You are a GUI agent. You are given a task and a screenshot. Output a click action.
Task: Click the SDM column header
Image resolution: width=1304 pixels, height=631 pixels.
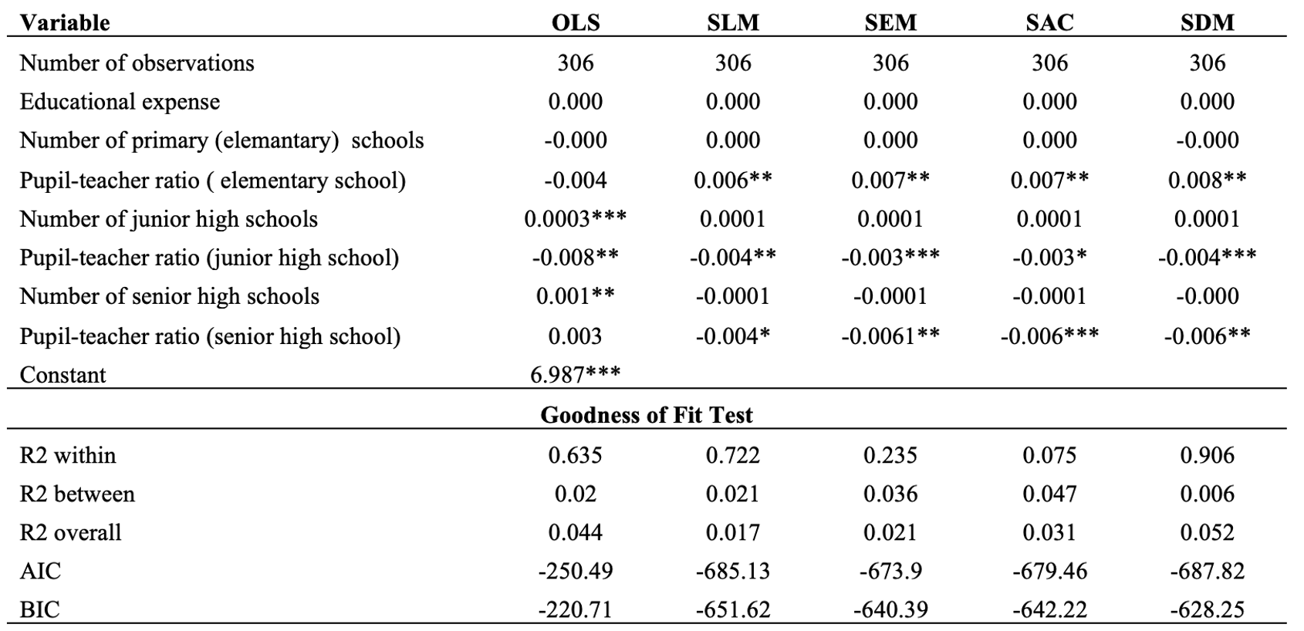[1207, 22]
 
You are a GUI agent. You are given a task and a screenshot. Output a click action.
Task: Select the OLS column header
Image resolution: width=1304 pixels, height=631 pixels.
[576, 22]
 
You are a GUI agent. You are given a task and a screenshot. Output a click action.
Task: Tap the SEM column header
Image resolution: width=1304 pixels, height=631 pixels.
[890, 22]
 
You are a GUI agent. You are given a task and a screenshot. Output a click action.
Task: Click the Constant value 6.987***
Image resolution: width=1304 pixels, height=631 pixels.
[575, 374]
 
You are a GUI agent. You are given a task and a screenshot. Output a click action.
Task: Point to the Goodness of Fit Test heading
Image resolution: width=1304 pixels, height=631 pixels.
[646, 415]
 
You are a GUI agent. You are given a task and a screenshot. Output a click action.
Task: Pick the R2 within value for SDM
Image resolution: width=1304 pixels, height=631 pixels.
[1207, 454]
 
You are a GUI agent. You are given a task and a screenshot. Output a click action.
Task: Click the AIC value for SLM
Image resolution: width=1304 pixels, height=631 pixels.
[733, 571]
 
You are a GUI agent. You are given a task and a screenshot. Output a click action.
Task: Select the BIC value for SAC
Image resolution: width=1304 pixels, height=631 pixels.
[1049, 609]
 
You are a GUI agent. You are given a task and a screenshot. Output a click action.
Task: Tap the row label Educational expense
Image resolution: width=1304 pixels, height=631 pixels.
[120, 102]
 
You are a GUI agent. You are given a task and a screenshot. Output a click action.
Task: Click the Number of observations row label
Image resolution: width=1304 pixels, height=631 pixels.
[137, 62]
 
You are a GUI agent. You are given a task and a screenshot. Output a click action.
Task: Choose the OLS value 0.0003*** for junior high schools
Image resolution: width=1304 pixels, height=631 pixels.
[575, 219]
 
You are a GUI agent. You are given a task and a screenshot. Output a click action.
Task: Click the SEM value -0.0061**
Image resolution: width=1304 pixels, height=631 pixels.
[890, 336]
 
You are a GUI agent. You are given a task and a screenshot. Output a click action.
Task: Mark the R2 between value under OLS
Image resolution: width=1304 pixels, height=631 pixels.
[575, 494]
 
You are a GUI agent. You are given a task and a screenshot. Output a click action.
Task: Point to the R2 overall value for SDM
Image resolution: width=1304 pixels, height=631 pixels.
[1207, 532]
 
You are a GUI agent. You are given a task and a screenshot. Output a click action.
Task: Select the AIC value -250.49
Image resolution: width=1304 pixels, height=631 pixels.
[575, 571]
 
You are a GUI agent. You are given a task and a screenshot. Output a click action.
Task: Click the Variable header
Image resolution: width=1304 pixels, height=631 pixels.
[65, 22]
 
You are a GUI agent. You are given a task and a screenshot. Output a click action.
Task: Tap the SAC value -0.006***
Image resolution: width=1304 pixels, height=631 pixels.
[1049, 336]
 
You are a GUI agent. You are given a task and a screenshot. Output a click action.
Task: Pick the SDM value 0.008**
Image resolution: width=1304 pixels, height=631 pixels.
[1207, 180]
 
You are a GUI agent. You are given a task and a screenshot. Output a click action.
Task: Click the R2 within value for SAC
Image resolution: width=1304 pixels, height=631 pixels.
[1049, 454]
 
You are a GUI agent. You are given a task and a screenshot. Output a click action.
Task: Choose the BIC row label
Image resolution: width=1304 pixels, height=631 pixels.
[40, 609]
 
